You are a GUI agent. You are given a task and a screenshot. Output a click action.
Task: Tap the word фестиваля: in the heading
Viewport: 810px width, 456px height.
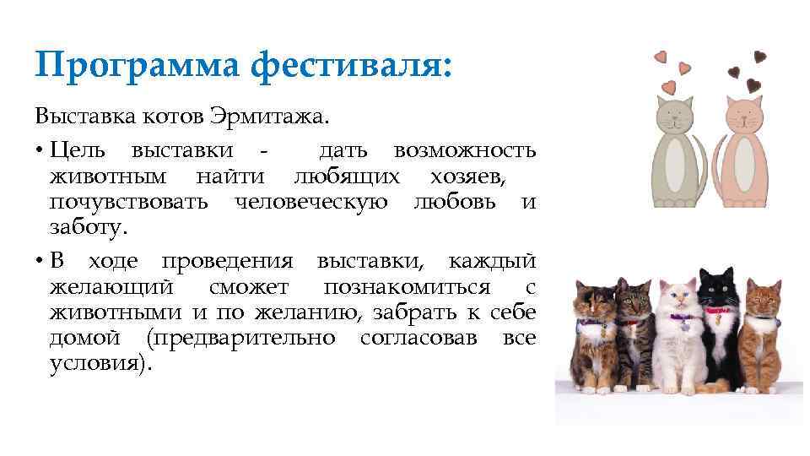(x=354, y=67)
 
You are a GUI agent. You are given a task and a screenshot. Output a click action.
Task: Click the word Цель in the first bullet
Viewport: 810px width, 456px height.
(x=78, y=150)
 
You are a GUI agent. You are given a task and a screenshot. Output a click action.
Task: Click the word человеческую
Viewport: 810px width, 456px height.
(x=311, y=202)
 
